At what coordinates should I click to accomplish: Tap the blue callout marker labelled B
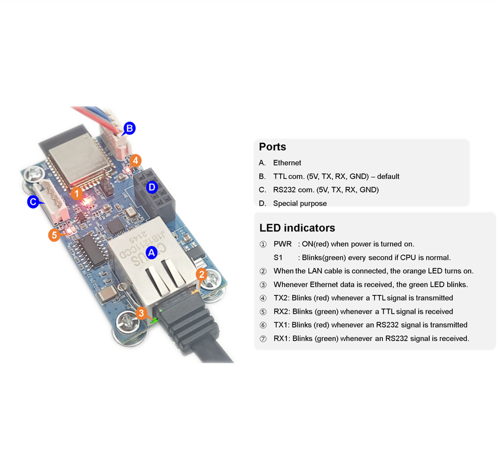click(x=129, y=128)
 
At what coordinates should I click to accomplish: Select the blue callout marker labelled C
click(x=33, y=201)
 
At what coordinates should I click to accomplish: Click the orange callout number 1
click(x=77, y=194)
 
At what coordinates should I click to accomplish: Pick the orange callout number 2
click(x=202, y=275)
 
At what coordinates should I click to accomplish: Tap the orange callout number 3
click(x=141, y=312)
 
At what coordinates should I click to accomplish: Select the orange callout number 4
click(x=135, y=160)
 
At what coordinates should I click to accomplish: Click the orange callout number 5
click(x=54, y=235)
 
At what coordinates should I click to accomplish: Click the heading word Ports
click(x=272, y=146)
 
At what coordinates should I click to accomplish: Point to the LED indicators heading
click(x=297, y=227)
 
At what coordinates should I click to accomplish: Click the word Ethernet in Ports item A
click(x=287, y=163)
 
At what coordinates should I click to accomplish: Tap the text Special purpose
click(x=300, y=203)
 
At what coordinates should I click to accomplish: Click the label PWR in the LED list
click(x=282, y=244)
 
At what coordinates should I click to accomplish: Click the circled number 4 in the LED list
click(x=263, y=298)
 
